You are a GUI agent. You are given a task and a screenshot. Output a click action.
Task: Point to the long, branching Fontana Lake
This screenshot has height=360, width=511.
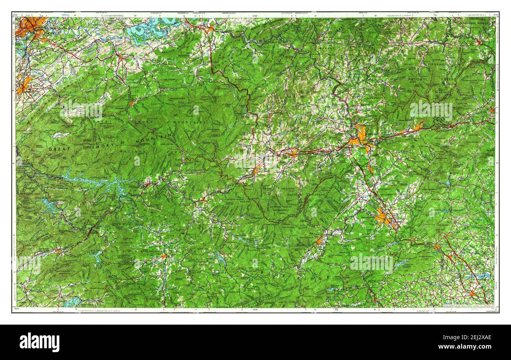[94, 182]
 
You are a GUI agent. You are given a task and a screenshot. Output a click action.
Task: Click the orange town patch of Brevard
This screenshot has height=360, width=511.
[319, 241]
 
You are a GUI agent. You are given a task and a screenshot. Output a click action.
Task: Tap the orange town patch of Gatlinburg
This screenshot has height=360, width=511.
[132, 103]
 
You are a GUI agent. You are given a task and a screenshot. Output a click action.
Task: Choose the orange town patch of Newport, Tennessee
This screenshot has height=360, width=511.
[210, 28]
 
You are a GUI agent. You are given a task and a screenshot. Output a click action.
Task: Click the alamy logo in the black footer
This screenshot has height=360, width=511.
[39, 342]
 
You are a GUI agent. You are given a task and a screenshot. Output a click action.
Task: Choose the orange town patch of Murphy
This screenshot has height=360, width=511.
[58, 250]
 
